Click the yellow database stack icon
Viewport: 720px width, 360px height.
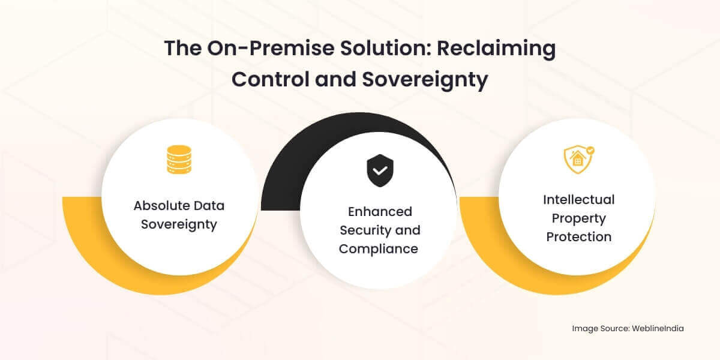[178, 160]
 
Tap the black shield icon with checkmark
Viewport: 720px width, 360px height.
[379, 170]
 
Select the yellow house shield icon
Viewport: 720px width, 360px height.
[578, 160]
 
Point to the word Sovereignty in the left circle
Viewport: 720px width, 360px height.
[179, 225]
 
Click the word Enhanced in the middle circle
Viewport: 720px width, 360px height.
[380, 212]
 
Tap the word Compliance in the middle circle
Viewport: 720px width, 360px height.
[378, 249]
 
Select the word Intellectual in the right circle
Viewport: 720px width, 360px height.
[578, 199]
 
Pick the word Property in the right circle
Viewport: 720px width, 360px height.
[578, 218]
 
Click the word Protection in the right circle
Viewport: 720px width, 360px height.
[578, 236]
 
